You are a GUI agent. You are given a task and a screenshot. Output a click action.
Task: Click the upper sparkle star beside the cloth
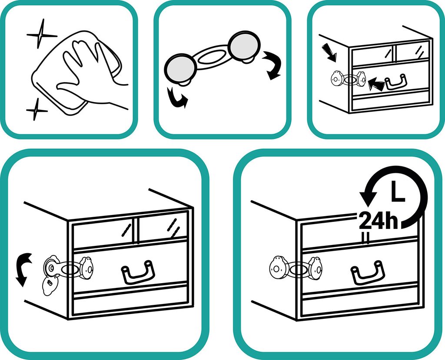42,35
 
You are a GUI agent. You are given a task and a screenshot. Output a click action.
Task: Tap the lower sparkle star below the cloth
37,109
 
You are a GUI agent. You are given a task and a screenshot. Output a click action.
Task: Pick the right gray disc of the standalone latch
245,46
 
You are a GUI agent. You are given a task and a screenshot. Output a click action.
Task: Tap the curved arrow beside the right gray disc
272,65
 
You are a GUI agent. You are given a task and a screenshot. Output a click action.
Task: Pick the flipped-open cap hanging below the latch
50,286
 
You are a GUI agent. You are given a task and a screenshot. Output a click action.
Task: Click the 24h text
379,221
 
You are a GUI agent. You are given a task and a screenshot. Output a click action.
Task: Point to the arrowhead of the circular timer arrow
368,199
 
